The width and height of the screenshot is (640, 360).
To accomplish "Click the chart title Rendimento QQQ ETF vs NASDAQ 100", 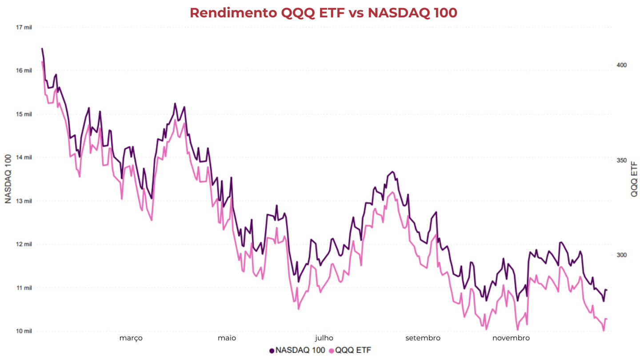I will (323, 13).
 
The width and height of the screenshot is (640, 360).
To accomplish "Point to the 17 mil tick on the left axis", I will (24, 28).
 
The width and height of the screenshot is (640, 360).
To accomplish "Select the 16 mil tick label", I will (24, 71).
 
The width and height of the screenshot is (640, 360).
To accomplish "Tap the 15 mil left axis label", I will (24, 114).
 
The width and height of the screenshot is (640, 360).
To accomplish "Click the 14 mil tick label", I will (24, 157).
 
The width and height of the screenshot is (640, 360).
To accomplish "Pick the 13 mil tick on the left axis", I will (24, 201).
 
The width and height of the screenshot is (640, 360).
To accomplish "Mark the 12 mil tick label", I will (24, 244).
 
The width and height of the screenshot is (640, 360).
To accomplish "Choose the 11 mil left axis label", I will (24, 288).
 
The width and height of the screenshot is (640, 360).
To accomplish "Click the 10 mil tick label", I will (24, 331).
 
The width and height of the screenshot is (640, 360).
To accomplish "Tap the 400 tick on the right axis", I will (621, 65).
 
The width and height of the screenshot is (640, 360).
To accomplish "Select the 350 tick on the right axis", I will (621, 160).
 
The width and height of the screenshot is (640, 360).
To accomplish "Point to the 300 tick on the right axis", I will (621, 255).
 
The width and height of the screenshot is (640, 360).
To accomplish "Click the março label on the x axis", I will (131, 338).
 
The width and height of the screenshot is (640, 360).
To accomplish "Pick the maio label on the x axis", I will (227, 338).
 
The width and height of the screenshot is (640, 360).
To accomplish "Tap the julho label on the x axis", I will (324, 338).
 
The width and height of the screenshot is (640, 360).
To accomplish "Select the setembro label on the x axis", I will (423, 338).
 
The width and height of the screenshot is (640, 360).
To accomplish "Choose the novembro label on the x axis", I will (511, 338).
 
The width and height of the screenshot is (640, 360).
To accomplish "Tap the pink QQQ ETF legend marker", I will (332, 351).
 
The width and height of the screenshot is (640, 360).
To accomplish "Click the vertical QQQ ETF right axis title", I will (634, 179).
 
